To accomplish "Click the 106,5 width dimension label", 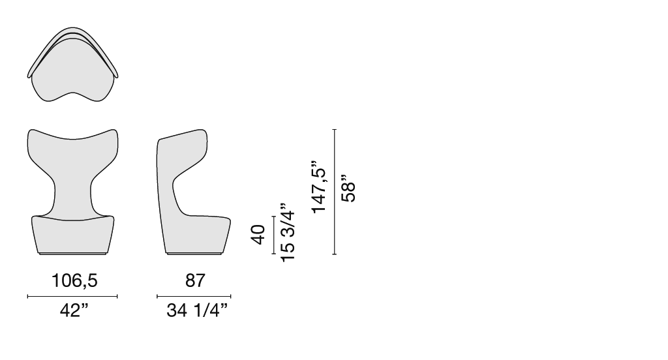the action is click(x=74, y=280).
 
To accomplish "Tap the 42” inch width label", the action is click(x=74, y=310).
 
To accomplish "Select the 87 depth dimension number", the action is click(x=195, y=280).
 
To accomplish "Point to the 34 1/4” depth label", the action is click(x=197, y=310).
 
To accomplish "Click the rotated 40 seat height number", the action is click(x=258, y=235).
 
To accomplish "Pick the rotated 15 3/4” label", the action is click(x=288, y=233).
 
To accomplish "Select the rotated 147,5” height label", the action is click(x=318, y=187).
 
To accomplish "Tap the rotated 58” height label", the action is click(x=349, y=188).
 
